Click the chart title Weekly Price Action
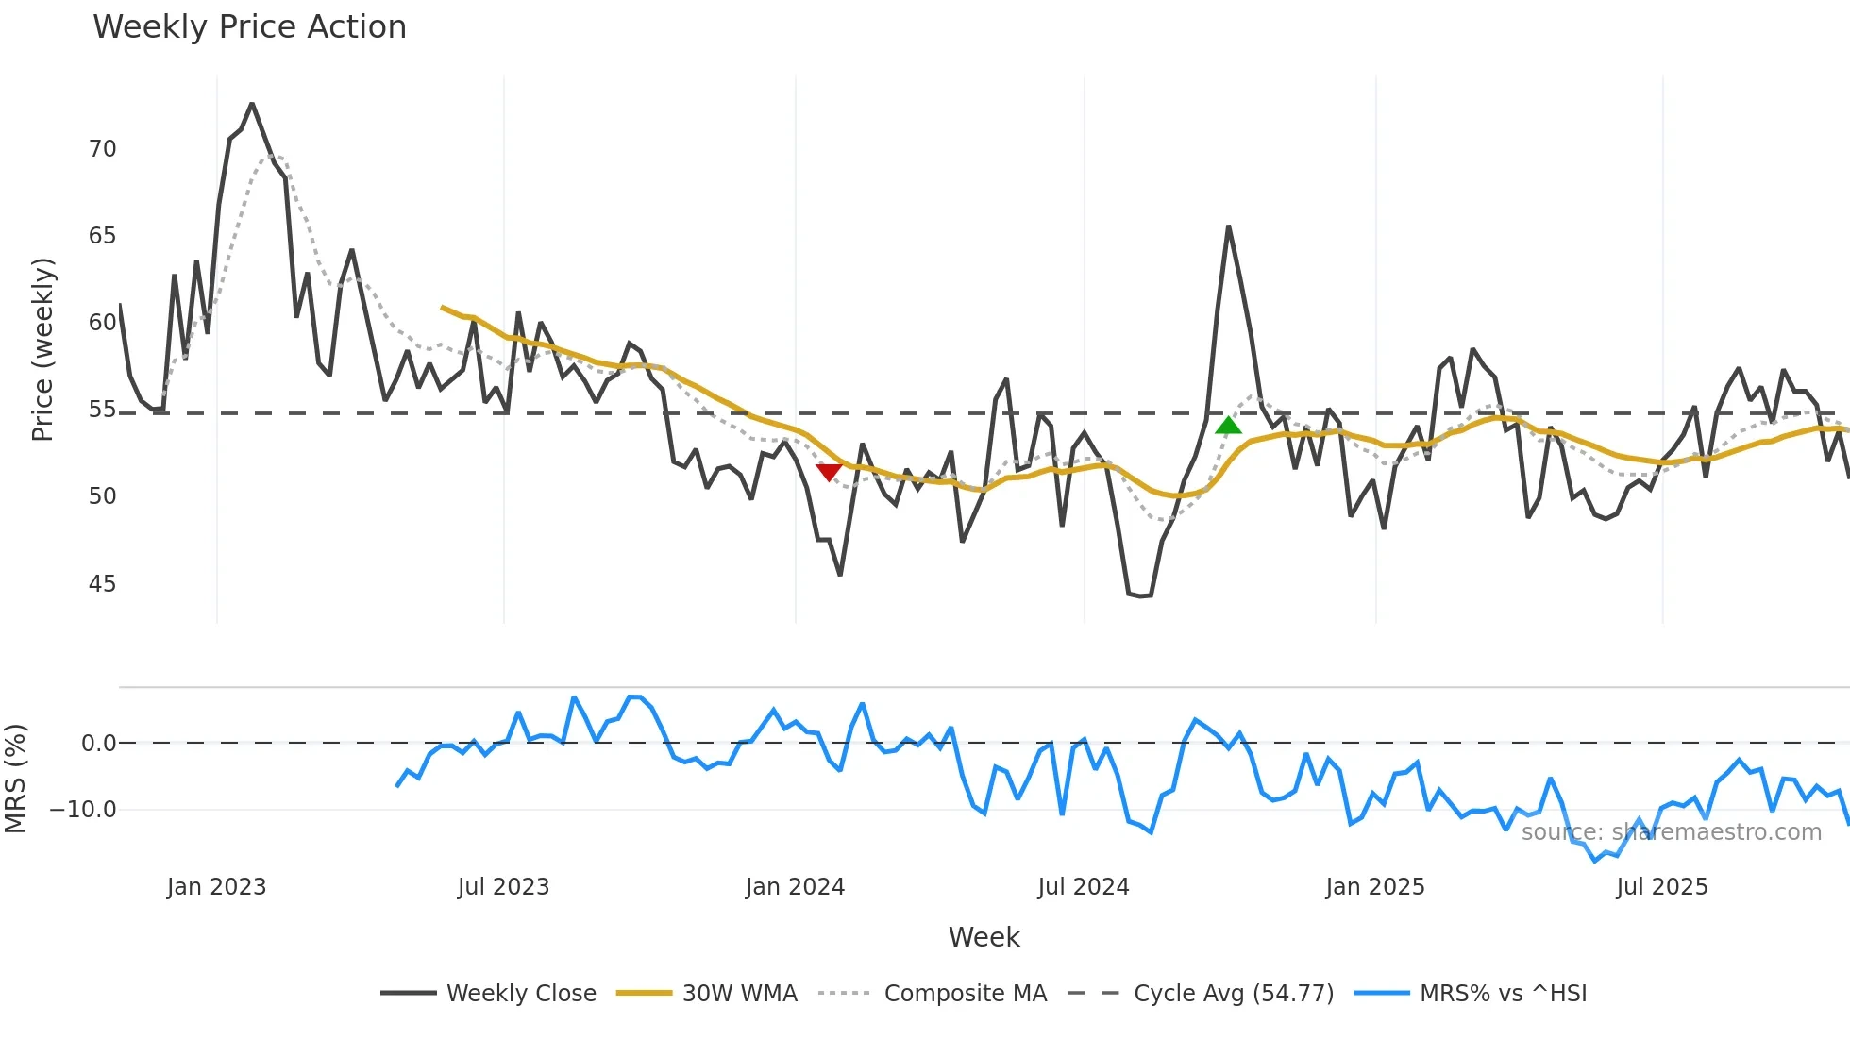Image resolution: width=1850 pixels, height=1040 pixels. (x=249, y=27)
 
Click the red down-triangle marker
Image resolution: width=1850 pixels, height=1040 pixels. (x=829, y=472)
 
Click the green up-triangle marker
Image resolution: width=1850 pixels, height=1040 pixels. (x=1228, y=426)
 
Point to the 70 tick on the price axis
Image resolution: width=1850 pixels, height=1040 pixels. (x=102, y=149)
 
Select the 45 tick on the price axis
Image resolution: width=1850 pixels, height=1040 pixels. (x=102, y=584)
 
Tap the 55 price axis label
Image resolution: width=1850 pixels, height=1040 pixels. (x=102, y=410)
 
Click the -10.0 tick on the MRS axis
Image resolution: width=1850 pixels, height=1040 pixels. (x=83, y=810)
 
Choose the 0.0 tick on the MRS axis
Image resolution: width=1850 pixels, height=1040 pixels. (x=98, y=744)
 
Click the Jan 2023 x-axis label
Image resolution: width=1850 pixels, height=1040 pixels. (x=216, y=887)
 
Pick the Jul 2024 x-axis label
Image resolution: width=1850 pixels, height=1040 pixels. (x=1083, y=887)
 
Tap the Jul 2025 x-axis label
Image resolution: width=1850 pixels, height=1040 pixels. (x=1661, y=887)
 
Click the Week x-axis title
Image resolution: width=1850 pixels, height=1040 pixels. (x=984, y=937)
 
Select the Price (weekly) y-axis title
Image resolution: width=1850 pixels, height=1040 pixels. (x=42, y=349)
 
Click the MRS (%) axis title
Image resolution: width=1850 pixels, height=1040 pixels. (x=15, y=779)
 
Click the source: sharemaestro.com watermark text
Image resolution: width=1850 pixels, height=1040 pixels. (x=1671, y=832)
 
